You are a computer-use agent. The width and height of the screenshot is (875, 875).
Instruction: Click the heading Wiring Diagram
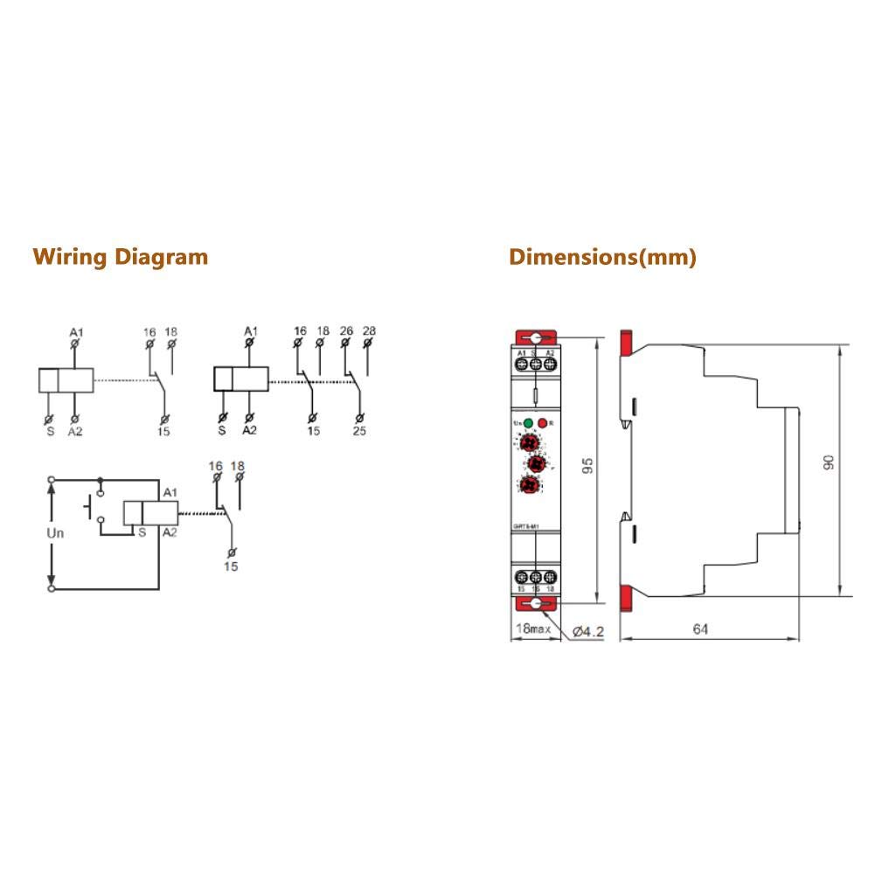coord(121,257)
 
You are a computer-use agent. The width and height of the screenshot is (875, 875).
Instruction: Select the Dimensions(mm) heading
coord(603,257)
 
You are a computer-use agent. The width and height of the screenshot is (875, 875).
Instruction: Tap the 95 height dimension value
coord(588,462)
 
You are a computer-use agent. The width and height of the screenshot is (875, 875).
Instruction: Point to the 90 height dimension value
coord(829,462)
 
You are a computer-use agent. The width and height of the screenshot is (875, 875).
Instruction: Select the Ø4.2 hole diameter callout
coord(588,630)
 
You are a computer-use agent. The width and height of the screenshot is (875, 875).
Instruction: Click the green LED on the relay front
coord(529,423)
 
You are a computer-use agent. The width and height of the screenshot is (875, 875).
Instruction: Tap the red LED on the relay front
coord(543,423)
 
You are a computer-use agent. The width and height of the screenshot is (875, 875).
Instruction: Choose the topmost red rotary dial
coord(529,444)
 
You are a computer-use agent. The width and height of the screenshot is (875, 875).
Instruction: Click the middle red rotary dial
coord(538,463)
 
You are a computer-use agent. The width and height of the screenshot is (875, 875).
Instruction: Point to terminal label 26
coord(345,330)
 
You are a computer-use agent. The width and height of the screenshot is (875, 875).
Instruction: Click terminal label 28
coord(368,330)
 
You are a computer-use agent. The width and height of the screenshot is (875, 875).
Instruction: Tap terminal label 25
coord(358,430)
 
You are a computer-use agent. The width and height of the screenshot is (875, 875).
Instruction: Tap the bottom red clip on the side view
coord(626,598)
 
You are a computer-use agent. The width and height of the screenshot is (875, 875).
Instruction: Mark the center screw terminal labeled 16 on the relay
coord(535,578)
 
